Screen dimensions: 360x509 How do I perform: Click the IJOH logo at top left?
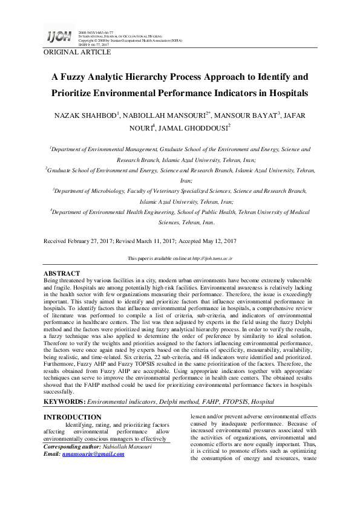coord(59,37)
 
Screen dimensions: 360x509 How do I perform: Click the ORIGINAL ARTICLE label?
coord(77,53)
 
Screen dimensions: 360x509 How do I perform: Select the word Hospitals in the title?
coord(283,94)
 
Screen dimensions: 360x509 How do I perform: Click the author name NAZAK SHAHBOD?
coord(89,115)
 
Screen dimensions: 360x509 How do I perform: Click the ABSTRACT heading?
coord(62,274)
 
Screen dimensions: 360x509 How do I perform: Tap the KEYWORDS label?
coord(65,401)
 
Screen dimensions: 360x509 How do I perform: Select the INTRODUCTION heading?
coord(73,417)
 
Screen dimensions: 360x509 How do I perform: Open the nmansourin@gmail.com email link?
coord(93,454)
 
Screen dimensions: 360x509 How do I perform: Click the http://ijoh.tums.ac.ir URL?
coord(212,258)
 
